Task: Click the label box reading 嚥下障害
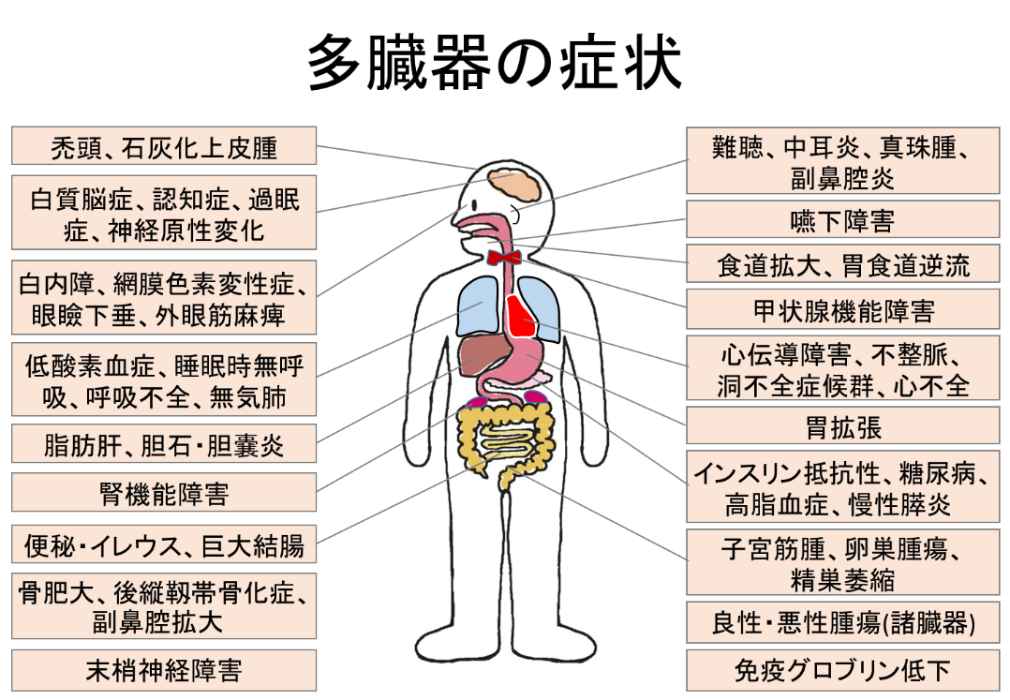coord(842,220)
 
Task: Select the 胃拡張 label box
coord(842,428)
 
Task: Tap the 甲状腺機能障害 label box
coord(842,310)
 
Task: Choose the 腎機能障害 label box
coord(164,494)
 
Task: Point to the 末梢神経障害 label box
coord(164,671)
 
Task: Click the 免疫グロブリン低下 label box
coord(842,671)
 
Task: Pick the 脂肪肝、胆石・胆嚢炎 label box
coord(164,444)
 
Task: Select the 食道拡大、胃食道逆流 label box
coord(842,265)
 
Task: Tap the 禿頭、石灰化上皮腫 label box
coord(164,147)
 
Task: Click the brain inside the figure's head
coord(513,186)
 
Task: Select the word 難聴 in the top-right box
coord(738,148)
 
